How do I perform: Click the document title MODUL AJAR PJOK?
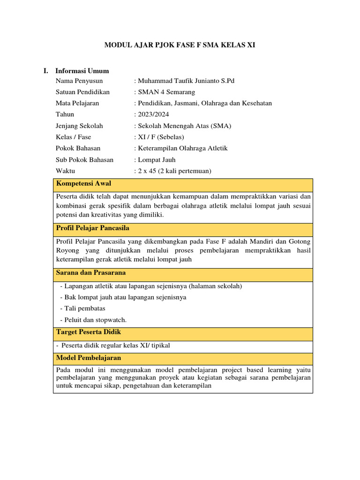[x=180, y=45]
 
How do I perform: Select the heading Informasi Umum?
[x=82, y=71]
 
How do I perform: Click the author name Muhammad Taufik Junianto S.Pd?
[x=185, y=81]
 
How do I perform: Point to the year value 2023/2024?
[x=153, y=114]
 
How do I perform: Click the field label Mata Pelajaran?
[x=77, y=103]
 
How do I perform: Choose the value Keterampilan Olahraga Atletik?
[x=182, y=148]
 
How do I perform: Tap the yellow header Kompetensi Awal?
[x=83, y=183]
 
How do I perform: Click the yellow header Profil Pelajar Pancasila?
[x=93, y=228]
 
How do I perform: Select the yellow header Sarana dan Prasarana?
[x=91, y=273]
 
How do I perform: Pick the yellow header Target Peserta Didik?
[x=89, y=332]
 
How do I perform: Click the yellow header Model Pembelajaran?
[x=89, y=358]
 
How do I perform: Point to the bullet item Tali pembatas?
[x=83, y=308]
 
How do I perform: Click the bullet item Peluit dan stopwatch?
[x=94, y=320]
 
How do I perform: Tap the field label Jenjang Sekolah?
[x=79, y=126]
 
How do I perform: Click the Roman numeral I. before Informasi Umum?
[x=46, y=71]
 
